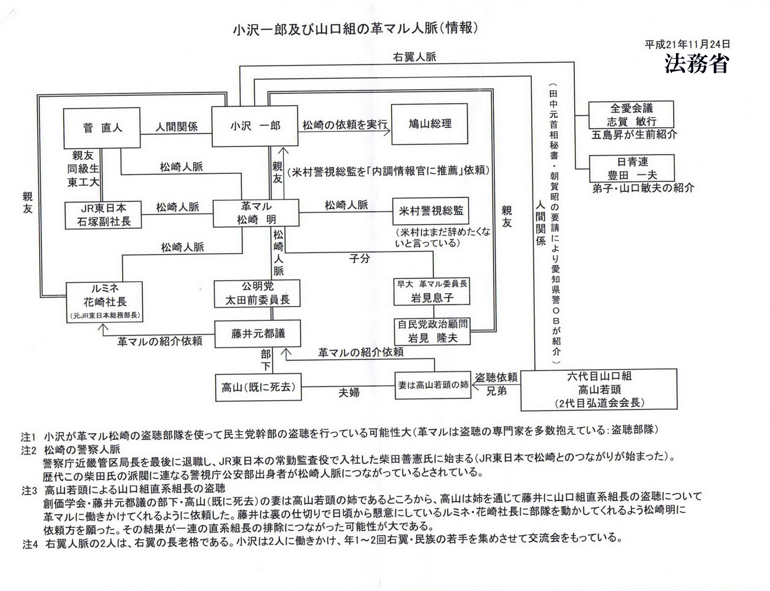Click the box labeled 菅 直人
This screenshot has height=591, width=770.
point(102,127)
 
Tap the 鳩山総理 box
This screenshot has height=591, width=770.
point(430,124)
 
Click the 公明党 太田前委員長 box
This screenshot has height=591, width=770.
point(257,293)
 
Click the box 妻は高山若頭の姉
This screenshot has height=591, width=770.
point(433,386)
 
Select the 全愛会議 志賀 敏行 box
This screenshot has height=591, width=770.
point(631,115)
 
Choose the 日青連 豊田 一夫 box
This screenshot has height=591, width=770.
point(631,168)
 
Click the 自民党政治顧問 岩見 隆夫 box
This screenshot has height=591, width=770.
point(432,331)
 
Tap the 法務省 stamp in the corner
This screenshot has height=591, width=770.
point(696,63)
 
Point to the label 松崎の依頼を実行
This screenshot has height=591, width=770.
point(345,125)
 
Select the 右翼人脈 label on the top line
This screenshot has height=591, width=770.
point(415,57)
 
